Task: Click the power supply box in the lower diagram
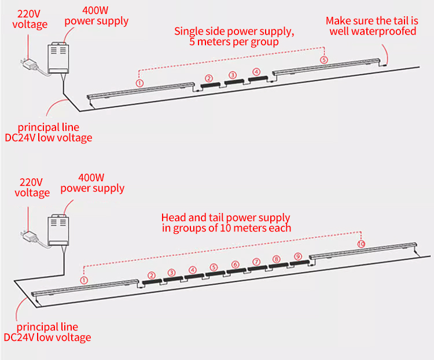click(x=57, y=228)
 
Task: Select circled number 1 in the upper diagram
click(x=139, y=83)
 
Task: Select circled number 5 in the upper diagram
click(x=323, y=60)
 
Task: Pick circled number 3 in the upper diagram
click(x=233, y=75)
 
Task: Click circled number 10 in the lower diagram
click(x=361, y=244)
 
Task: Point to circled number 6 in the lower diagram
click(x=235, y=265)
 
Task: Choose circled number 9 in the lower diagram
click(x=297, y=256)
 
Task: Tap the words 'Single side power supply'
click(x=234, y=31)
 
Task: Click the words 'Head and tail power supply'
click(x=226, y=218)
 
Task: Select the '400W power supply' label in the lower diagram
click(x=92, y=182)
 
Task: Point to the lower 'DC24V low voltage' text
click(x=47, y=337)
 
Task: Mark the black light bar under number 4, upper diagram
click(x=256, y=78)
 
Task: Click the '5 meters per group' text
click(x=234, y=42)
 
